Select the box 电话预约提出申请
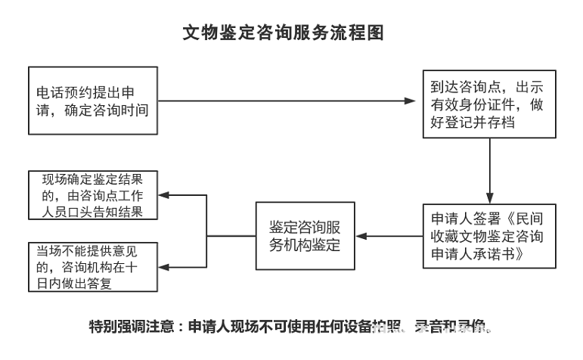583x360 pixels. click(95, 101)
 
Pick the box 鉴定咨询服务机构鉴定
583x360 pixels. click(305, 235)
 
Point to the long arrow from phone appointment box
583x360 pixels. click(287, 101)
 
